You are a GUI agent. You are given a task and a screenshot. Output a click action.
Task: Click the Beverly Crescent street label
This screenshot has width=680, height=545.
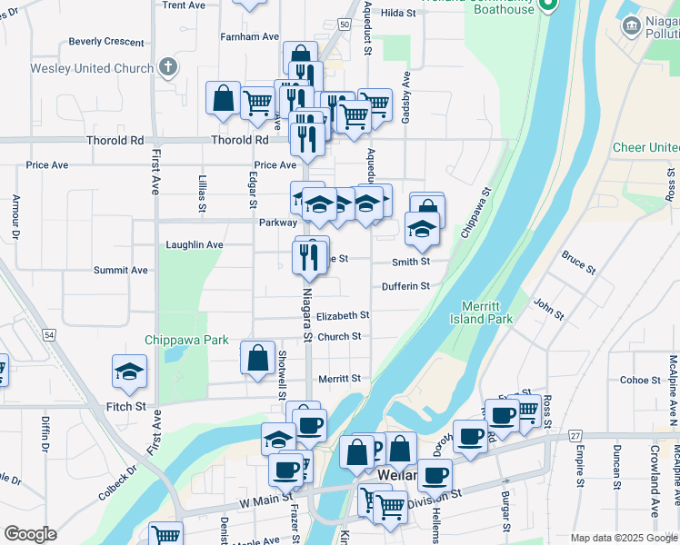pos(106,42)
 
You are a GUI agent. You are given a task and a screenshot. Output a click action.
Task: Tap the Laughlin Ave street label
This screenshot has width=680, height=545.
pos(194,245)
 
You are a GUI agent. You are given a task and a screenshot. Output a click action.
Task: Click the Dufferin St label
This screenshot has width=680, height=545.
pos(405,286)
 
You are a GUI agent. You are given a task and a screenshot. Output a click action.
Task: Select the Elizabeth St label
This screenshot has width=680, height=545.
pos(343,315)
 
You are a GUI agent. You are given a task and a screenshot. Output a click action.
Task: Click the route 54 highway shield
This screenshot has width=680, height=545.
pos(49,336)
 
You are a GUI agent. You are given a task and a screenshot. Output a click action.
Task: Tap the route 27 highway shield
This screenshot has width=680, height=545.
pos(575,436)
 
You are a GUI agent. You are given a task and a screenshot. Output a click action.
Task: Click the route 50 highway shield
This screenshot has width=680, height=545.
pos(344,25)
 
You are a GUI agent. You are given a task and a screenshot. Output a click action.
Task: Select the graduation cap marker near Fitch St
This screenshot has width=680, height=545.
pos(130,371)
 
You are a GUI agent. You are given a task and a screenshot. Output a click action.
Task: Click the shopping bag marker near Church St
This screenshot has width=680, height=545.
pos(258,357)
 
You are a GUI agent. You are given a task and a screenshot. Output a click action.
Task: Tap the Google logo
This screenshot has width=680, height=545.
pos(30,534)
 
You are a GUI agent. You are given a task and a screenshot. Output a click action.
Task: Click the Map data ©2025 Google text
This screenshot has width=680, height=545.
pos(624,538)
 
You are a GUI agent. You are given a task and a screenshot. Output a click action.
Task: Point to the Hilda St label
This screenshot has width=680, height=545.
pos(397,13)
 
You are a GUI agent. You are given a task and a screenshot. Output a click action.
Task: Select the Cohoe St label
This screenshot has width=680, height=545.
pos(633,381)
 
